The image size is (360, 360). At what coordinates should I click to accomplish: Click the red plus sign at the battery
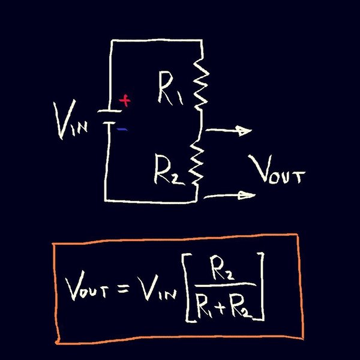pos(125,101)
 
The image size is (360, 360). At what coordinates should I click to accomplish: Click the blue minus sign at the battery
pos(122,128)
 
